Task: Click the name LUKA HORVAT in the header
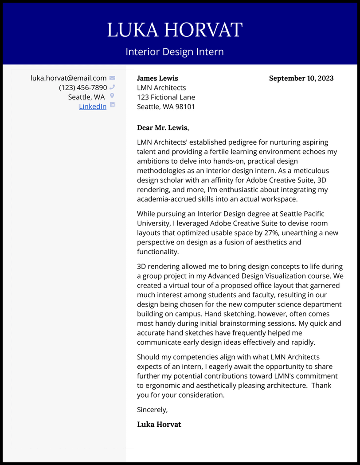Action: (175, 30)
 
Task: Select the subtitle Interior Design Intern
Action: (175, 51)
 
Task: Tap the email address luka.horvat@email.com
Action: (68, 78)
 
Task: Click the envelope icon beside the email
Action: (112, 78)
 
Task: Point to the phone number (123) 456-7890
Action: (83, 87)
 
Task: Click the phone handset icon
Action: (112, 87)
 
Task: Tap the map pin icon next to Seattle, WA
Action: (112, 96)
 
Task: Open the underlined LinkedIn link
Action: (93, 106)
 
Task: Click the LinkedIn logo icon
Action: (112, 105)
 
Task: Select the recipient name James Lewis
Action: (157, 78)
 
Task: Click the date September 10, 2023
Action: (301, 78)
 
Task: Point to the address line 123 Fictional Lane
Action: (166, 97)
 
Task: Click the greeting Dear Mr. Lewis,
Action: (163, 128)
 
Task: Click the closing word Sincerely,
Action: (152, 410)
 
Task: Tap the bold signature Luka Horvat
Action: (159, 424)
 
